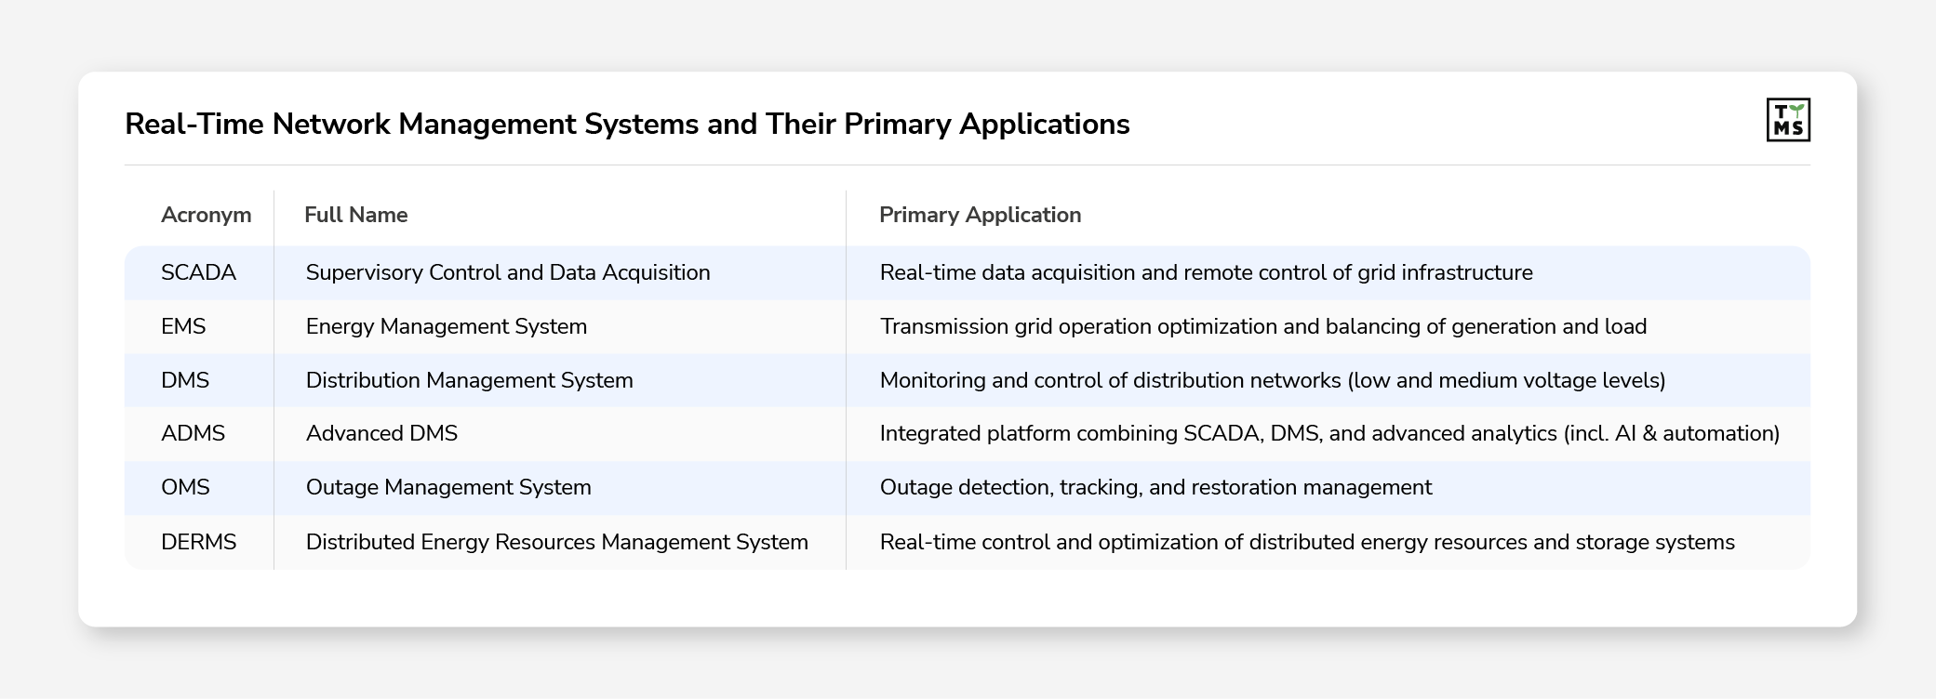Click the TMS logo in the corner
1787,120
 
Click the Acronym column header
206,215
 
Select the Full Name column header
355,215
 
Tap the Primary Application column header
980,215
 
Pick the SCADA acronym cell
198,272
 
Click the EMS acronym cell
183,326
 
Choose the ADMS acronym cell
193,433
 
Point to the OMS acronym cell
185,487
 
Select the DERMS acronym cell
198,542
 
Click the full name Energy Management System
446,326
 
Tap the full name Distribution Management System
469,380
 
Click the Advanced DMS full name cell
381,433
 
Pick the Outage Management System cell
448,487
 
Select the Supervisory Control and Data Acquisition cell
507,272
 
